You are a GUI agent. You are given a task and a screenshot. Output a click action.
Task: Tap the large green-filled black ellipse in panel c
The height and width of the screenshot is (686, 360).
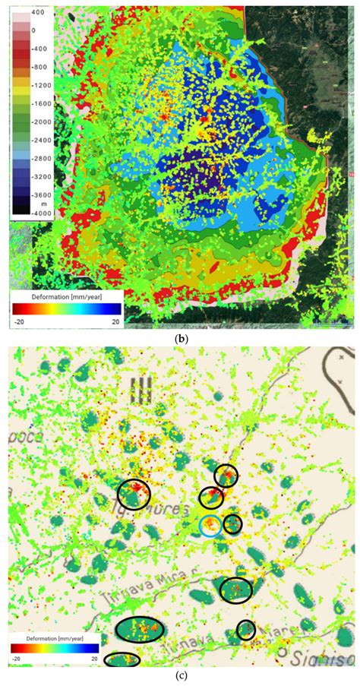pos(141,630)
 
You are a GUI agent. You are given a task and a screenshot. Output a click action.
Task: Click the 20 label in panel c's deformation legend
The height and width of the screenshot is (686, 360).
pos(96,659)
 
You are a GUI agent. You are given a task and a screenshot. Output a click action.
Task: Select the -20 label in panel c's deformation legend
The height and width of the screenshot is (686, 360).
pos(17,659)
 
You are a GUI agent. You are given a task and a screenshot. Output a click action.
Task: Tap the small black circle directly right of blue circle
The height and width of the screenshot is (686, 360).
pos(232,523)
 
